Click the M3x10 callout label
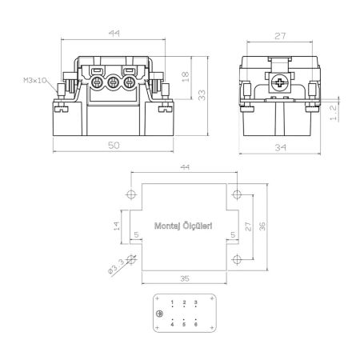(35, 80)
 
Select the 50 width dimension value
(114, 146)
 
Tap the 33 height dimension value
(202, 95)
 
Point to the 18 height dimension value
(186, 77)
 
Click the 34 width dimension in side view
(281, 147)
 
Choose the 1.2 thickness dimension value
(334, 113)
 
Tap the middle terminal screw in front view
(114, 82)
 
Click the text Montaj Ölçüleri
(183, 226)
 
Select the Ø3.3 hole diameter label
(117, 266)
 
